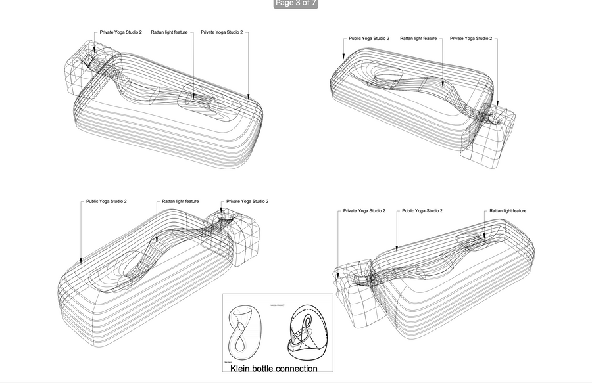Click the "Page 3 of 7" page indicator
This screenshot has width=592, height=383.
coord(295,3)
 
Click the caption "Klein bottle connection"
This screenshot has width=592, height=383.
coord(274,369)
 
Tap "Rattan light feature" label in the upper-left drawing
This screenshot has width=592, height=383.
coord(170,32)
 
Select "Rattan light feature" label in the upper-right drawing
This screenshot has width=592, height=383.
coord(418,39)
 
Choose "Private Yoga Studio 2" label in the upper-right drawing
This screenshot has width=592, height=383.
coord(471,39)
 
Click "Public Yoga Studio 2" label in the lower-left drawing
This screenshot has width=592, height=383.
coord(107,201)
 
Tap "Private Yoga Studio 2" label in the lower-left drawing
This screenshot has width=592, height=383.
coord(247,201)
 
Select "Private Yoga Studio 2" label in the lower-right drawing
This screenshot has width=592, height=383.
coord(364,211)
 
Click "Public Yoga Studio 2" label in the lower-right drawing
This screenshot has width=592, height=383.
coord(422,211)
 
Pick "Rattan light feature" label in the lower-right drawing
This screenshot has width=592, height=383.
coord(508,211)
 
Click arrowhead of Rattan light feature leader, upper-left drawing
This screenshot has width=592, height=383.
coord(193,97)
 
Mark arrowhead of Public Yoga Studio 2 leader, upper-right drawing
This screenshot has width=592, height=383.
coord(343,59)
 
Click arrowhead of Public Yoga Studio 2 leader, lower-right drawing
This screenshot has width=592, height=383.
coord(397,248)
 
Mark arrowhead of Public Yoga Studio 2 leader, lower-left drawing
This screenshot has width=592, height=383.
coord(80,261)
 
